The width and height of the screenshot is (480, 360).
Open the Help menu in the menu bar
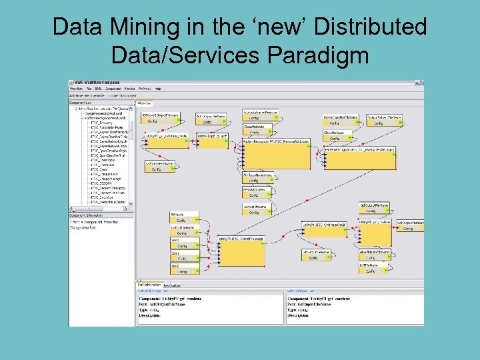tap(158, 88)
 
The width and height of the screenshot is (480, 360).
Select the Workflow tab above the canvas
tap(145, 103)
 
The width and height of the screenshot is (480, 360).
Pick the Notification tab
tap(172, 284)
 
